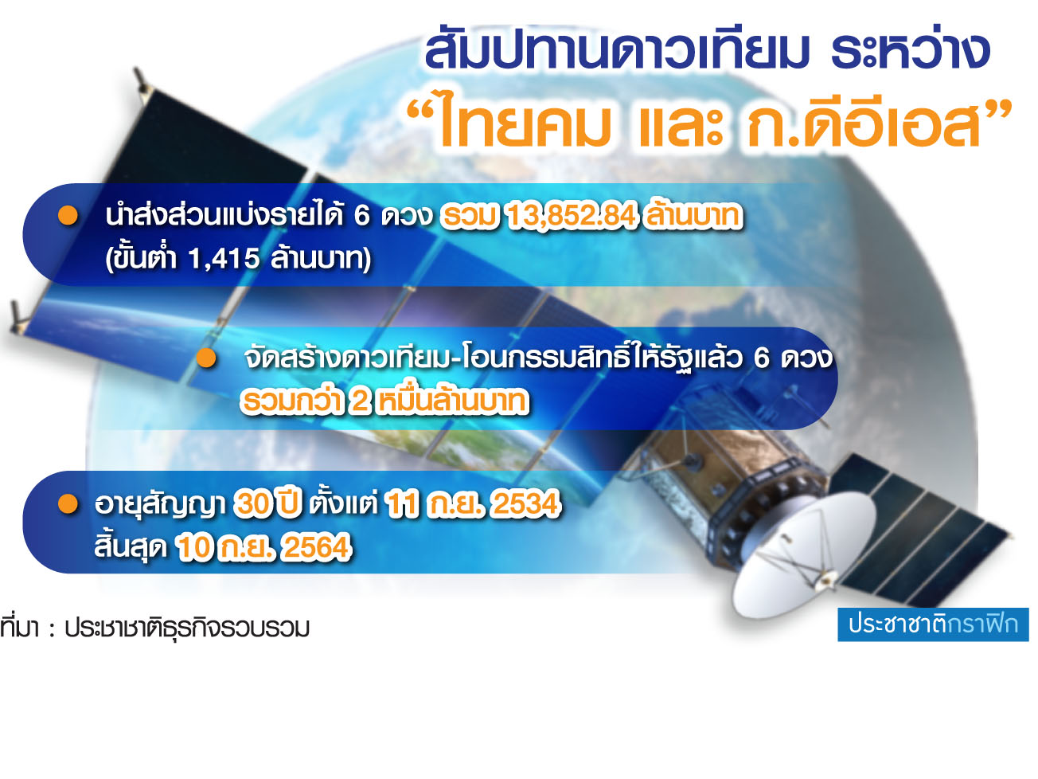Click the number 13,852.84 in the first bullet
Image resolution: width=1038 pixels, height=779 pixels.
point(572,216)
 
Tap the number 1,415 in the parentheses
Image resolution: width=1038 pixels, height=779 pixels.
point(224,259)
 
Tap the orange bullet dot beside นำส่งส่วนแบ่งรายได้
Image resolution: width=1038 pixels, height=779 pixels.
point(68,215)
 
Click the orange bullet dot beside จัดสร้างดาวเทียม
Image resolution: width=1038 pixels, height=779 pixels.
point(206,358)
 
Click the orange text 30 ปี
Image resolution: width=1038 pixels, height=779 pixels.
point(267,503)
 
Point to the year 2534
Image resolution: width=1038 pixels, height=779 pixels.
point(526,503)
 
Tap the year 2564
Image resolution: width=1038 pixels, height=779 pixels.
point(318,548)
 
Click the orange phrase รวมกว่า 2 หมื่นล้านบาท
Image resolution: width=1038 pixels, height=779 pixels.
point(384,402)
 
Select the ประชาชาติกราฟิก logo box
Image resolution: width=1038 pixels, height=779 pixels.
point(933,624)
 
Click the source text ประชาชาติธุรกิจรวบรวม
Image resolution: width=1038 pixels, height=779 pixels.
point(187,628)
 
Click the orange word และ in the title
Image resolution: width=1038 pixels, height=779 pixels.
point(681,124)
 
